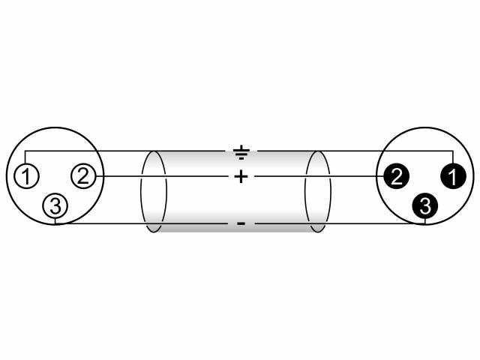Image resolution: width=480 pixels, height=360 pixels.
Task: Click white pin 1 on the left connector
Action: pos(26,176)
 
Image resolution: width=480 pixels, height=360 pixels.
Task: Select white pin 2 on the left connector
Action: pos(83,176)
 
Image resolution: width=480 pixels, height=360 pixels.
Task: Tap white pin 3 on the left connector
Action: pos(55,206)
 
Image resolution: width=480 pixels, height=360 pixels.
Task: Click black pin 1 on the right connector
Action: pos(453,176)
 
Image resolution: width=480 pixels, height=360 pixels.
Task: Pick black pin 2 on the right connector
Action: pos(396,176)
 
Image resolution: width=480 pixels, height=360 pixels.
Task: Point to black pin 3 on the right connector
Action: pos(425,205)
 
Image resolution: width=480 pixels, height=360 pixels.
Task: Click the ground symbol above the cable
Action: pos(241,152)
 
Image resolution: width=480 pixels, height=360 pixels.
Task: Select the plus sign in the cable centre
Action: pos(241,177)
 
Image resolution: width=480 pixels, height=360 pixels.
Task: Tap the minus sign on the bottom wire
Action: pos(241,223)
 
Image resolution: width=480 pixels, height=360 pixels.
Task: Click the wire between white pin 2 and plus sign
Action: pos(162,176)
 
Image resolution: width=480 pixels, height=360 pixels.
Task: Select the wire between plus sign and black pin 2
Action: pos(319,176)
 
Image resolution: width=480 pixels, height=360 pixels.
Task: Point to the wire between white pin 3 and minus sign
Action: pos(141,223)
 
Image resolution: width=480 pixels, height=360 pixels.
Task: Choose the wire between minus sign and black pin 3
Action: pos(340,223)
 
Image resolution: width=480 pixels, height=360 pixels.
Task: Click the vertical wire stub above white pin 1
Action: pos(25,157)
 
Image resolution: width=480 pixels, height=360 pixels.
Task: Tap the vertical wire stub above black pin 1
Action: pos(452,157)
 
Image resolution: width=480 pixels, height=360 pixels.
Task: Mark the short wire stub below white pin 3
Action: pos(55,221)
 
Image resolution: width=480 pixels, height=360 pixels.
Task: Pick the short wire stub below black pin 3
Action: pos(425,221)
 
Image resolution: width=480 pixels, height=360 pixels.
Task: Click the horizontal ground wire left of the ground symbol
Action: pos(125,151)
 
